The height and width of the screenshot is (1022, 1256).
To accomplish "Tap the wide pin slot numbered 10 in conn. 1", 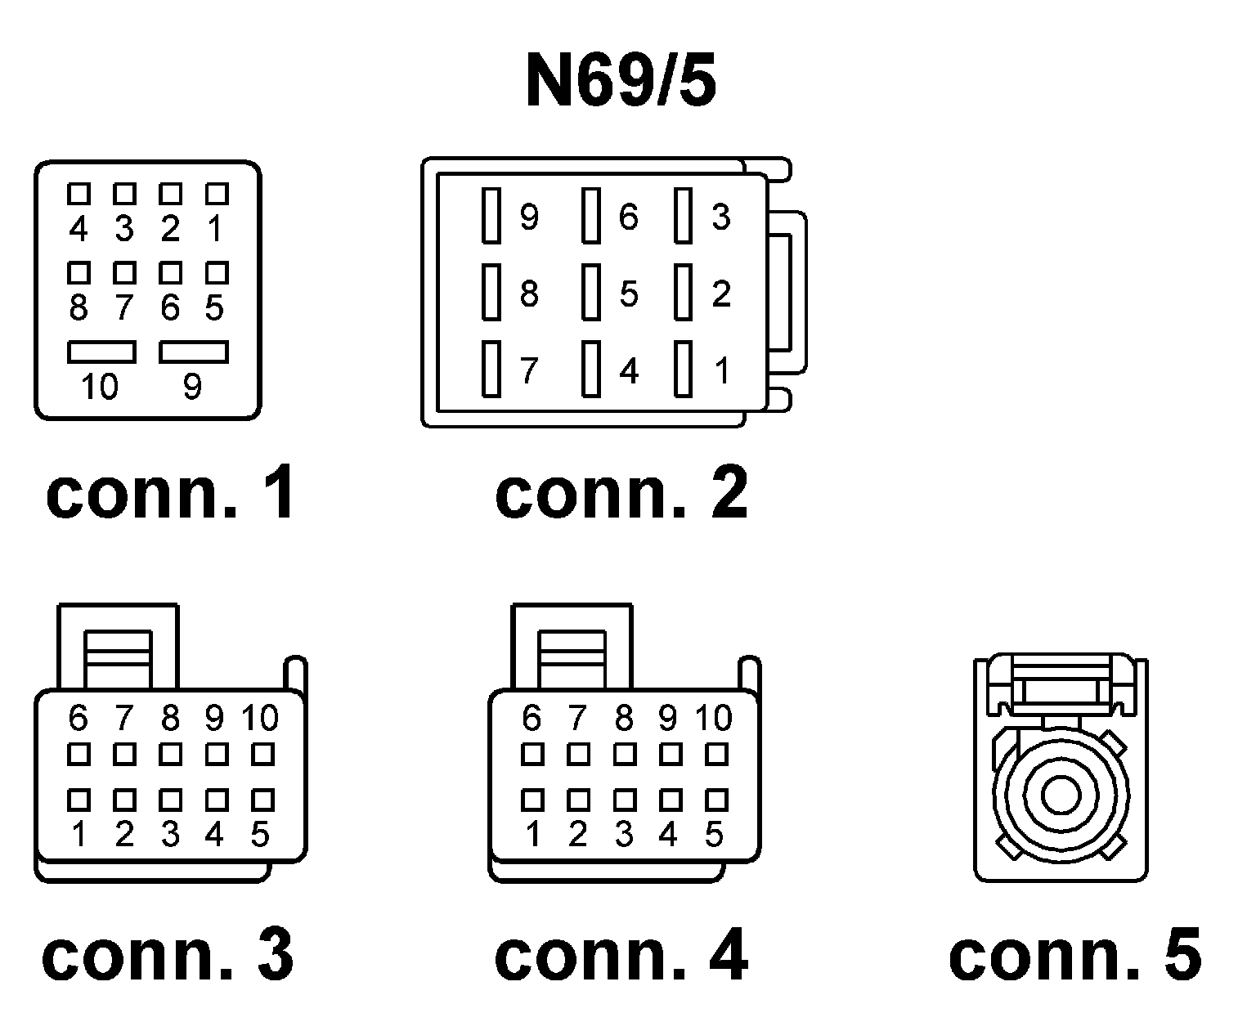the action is (x=101, y=352).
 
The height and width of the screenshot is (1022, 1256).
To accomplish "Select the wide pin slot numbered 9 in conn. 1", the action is (x=193, y=352).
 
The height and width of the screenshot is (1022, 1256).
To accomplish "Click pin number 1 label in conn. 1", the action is (x=215, y=229).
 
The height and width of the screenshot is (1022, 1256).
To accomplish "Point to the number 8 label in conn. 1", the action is (x=78, y=308).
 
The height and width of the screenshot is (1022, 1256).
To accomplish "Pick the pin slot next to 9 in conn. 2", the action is (x=491, y=216).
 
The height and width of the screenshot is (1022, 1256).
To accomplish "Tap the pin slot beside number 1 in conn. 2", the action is (x=684, y=369).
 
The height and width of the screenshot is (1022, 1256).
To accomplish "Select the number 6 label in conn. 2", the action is (x=627, y=217).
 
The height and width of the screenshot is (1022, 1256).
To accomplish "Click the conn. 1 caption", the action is (x=170, y=495).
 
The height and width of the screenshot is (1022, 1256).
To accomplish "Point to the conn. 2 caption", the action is (x=621, y=495).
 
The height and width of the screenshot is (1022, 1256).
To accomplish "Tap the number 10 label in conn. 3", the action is (x=260, y=718).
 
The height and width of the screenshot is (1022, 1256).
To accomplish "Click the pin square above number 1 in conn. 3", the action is (x=78, y=799).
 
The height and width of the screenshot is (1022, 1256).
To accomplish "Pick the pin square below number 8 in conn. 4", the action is (x=625, y=754).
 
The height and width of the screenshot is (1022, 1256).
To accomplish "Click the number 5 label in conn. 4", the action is (x=714, y=835).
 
